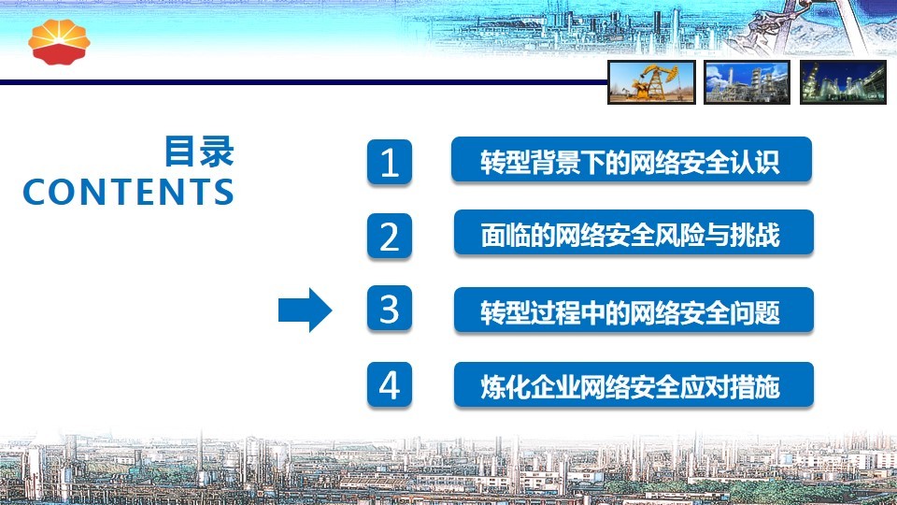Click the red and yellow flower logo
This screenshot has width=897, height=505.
59,42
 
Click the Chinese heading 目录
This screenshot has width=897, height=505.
199,151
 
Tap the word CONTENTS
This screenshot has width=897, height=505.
128,192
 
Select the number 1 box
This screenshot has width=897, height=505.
390,162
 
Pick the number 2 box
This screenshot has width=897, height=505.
390,236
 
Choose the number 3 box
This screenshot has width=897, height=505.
390,309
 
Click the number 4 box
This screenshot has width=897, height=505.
390,384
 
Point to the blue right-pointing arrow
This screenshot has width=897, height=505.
305,310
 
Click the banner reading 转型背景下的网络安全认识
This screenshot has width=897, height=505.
632,160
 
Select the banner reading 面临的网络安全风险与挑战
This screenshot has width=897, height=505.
634,233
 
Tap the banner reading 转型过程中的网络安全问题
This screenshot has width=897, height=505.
634,310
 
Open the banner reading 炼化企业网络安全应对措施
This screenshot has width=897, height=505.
634,384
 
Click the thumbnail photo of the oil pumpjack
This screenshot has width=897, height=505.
651,82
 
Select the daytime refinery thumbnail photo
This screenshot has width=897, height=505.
747,82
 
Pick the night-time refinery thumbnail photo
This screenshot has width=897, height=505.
843,82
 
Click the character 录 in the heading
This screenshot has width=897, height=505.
217,151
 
